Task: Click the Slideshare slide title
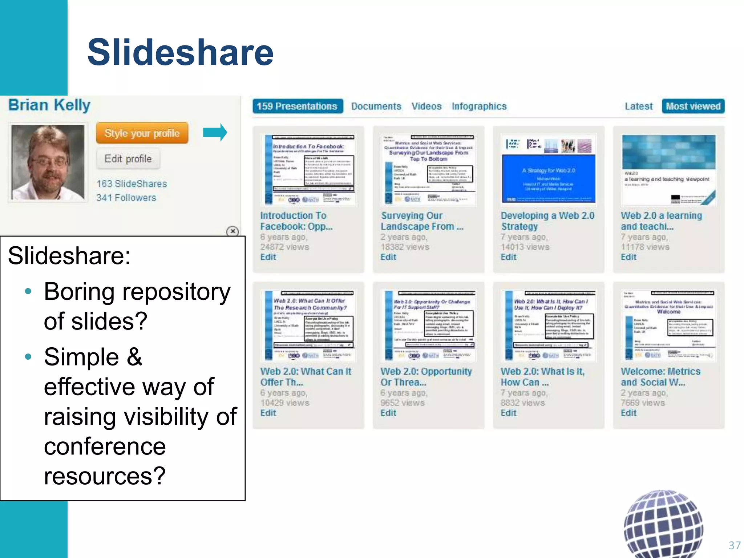coord(180,53)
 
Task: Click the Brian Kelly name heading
coord(49,105)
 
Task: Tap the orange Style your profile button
coord(142,133)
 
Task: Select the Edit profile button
coord(128,159)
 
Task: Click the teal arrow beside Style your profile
coord(215,132)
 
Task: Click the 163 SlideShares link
coord(132,184)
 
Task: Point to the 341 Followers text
coord(126,198)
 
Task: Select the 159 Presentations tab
coord(298,106)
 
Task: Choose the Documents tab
coord(376,106)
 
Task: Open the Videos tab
coord(426,106)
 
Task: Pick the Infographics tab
coord(479,106)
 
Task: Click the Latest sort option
coord(638,106)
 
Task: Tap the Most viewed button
coord(693,106)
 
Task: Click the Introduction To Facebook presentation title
coord(296,221)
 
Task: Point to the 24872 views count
coord(284,247)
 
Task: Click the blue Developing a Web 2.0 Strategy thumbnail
coord(549,178)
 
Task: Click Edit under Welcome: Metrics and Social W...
coord(628,413)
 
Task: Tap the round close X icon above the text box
coord(232,231)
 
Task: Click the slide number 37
coord(734,545)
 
